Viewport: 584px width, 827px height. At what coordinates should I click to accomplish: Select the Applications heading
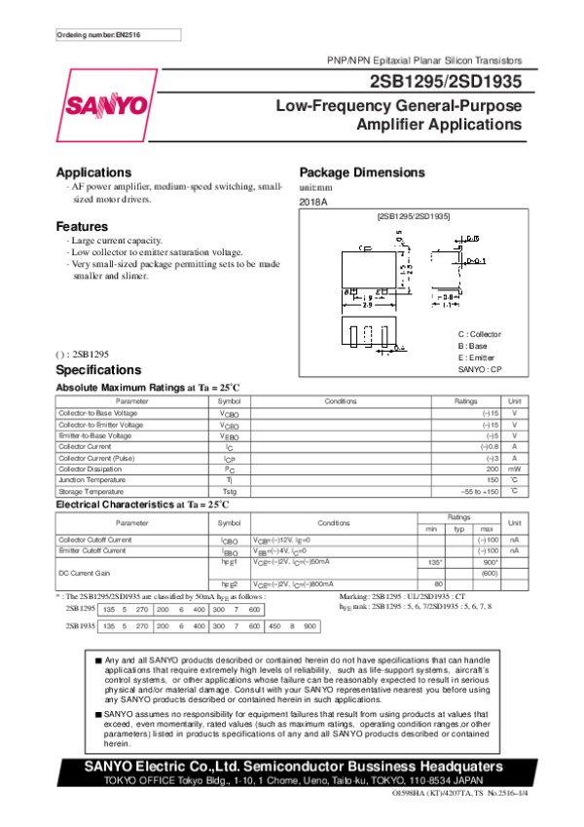tap(93, 171)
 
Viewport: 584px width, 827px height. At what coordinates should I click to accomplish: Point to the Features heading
tap(82, 226)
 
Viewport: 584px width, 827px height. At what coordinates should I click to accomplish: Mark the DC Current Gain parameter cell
tap(84, 573)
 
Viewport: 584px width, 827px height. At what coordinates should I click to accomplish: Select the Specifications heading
tap(98, 370)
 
